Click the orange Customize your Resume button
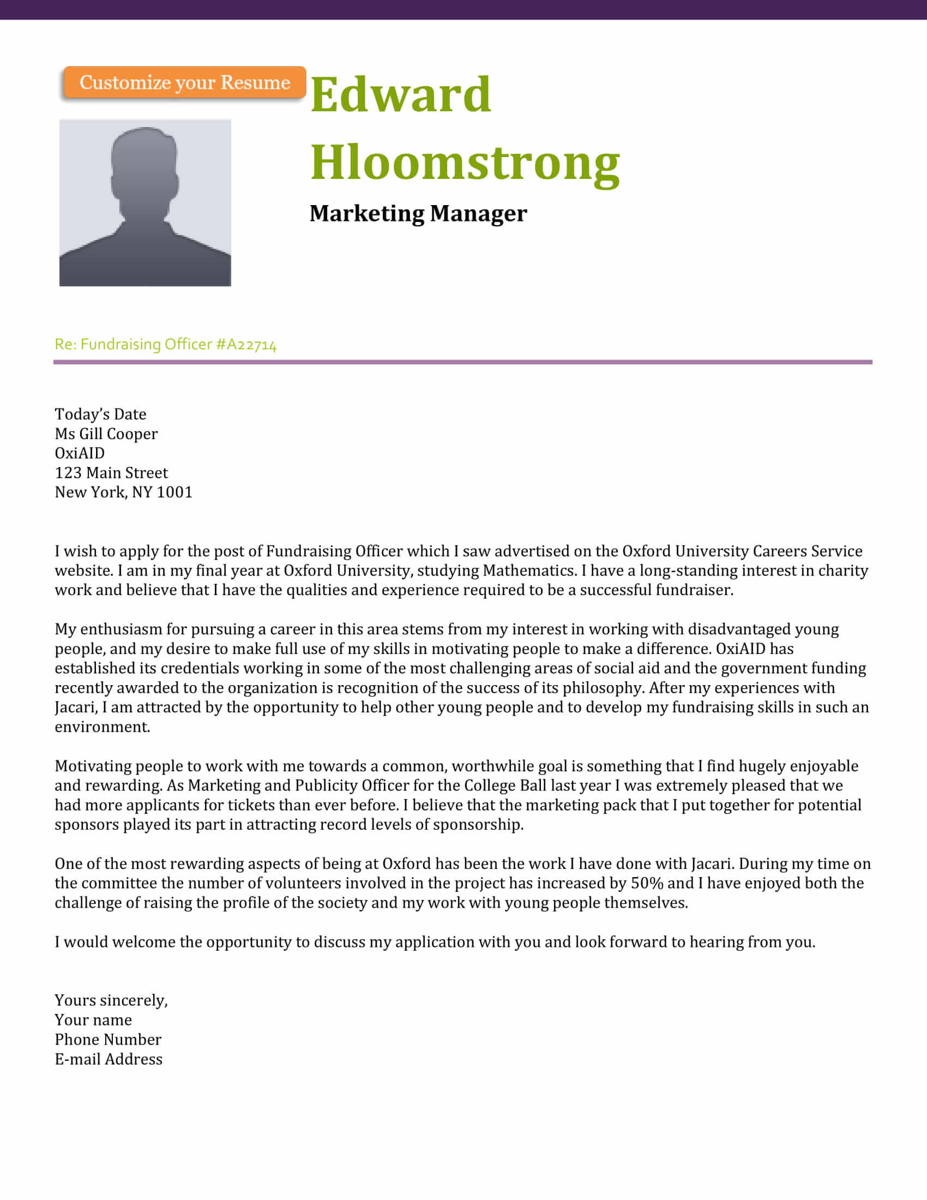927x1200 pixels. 184,82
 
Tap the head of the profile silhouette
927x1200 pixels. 145,162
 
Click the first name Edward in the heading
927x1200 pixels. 400,94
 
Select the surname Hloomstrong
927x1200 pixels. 465,162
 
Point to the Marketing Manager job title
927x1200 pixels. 418,213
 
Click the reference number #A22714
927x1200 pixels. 246,345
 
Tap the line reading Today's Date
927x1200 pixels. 100,415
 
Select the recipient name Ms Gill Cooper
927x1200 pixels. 106,434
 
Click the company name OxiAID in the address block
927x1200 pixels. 80,453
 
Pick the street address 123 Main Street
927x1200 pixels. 111,473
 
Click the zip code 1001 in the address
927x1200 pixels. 174,493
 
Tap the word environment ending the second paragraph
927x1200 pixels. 101,728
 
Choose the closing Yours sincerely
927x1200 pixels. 111,1000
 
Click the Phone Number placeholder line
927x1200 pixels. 108,1040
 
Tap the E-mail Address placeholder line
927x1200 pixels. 109,1059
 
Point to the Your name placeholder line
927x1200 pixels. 93,1021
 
